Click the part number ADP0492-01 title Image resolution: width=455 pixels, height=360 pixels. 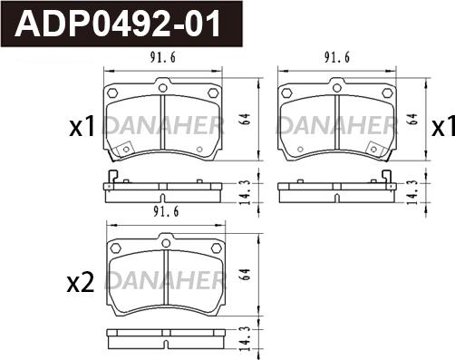point(118,24)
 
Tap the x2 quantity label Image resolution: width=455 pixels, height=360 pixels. point(81,284)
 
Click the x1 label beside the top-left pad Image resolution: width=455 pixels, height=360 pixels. point(82,127)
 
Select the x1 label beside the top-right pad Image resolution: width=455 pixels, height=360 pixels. point(443,127)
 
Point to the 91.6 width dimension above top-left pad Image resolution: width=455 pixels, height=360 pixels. point(163,58)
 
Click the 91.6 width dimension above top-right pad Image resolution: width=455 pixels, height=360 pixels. point(337,58)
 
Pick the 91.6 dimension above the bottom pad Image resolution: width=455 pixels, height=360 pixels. point(166,211)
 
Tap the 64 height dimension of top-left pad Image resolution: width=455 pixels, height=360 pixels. point(247,120)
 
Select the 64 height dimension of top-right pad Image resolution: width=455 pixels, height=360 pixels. point(412,119)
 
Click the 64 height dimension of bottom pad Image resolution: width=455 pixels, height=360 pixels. point(247,275)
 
